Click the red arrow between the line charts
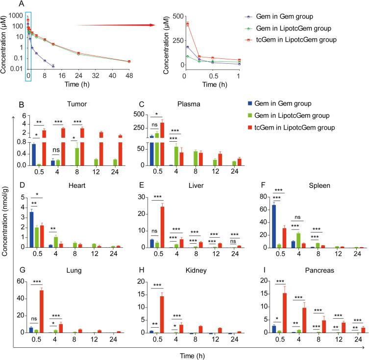116,25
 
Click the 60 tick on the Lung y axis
21,281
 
